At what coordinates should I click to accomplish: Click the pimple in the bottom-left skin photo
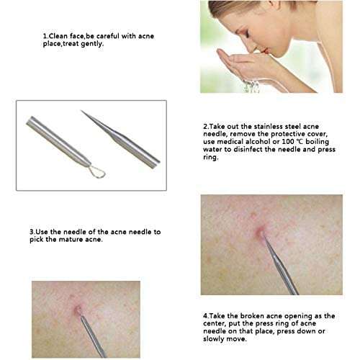77,310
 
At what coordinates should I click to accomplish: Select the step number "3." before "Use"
32,232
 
